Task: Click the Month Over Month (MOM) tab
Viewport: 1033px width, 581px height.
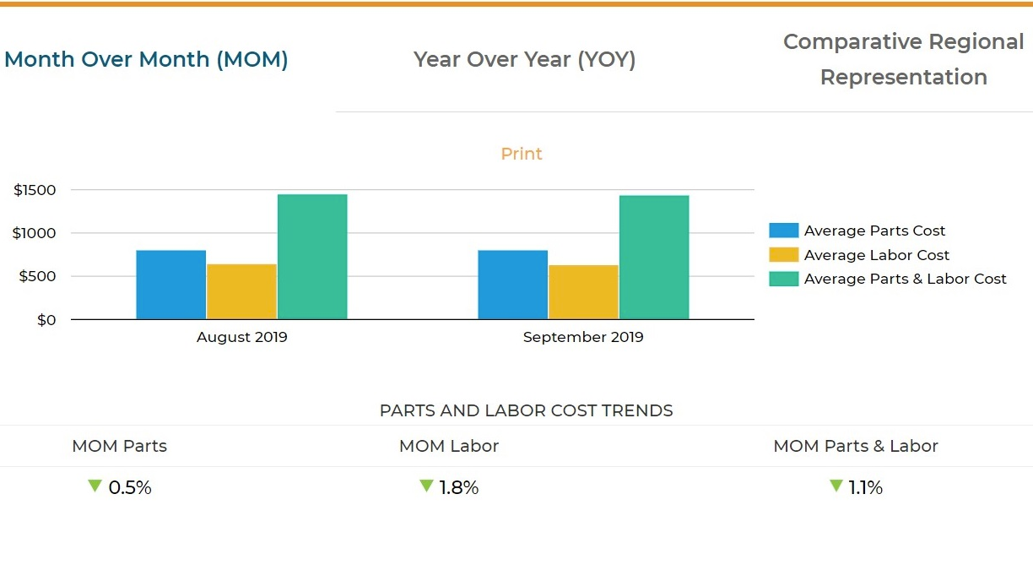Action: pyautogui.click(x=146, y=60)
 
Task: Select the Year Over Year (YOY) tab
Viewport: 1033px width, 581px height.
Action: pyautogui.click(x=524, y=60)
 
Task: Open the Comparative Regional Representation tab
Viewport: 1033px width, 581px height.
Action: pyautogui.click(x=903, y=59)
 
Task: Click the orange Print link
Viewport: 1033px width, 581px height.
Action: pyautogui.click(x=522, y=154)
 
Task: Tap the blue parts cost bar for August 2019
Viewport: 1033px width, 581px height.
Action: pyautogui.click(x=170, y=285)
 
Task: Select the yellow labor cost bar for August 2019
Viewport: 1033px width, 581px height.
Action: pyautogui.click(x=241, y=291)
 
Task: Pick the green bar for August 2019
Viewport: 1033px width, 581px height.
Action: pyautogui.click(x=312, y=257)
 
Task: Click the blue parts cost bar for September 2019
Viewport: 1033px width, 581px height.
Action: pyautogui.click(x=512, y=285)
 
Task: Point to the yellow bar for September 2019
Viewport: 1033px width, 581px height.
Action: pyautogui.click(x=583, y=292)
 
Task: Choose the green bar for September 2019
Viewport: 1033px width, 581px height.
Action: pyautogui.click(x=654, y=258)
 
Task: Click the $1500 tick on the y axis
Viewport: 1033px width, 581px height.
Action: pyautogui.click(x=35, y=190)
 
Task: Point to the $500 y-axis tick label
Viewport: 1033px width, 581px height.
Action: pyautogui.click(x=39, y=276)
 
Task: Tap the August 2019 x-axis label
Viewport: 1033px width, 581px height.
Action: pyautogui.click(x=242, y=337)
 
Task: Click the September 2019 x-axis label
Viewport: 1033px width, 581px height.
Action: pyautogui.click(x=583, y=337)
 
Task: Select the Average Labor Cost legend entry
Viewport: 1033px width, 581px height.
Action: pyautogui.click(x=876, y=255)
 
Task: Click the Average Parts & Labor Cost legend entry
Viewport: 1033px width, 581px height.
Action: pyautogui.click(x=905, y=279)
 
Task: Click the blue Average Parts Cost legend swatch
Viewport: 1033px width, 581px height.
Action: pyautogui.click(x=783, y=231)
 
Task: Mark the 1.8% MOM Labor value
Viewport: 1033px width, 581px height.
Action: pyautogui.click(x=458, y=487)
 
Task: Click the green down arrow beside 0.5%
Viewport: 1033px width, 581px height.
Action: pyautogui.click(x=95, y=486)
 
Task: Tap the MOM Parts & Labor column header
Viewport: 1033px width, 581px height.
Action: pyautogui.click(x=856, y=446)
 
